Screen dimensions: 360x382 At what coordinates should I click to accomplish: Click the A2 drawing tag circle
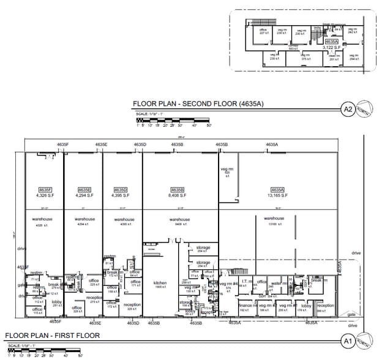click(347, 110)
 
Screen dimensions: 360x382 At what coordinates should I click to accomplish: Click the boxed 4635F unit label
click(45, 190)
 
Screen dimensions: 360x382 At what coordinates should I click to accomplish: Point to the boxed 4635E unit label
click(84, 190)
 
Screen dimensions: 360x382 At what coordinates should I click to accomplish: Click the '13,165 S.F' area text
click(277, 195)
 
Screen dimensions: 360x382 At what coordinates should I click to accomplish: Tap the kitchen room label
click(160, 283)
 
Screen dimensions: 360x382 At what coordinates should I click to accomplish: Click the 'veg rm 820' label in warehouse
click(227, 171)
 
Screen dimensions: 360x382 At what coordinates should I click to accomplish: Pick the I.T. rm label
click(245, 282)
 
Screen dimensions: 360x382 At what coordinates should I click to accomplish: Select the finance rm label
click(245, 305)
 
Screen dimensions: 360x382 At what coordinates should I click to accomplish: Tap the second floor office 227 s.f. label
click(263, 31)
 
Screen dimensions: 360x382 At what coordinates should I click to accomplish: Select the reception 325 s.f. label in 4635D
click(132, 306)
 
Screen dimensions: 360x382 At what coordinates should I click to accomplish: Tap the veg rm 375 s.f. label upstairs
click(304, 57)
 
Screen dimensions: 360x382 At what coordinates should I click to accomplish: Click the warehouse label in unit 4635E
click(84, 219)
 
